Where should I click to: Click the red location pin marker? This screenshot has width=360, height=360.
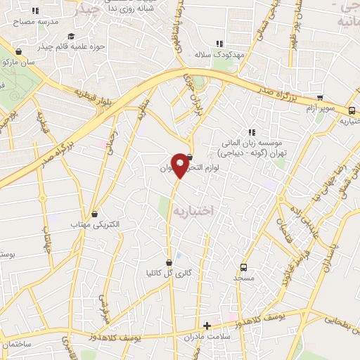181,165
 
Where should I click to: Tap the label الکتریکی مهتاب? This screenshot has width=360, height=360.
96,224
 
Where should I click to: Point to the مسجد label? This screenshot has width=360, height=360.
243,278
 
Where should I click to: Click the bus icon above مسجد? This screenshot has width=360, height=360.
243,267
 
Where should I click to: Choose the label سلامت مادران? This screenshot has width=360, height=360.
207,337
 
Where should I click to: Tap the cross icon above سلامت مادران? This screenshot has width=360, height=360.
207,326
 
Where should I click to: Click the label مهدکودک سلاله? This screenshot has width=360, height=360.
219,54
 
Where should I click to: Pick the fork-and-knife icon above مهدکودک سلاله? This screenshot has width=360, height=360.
219,44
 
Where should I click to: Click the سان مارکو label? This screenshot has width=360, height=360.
19,62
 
